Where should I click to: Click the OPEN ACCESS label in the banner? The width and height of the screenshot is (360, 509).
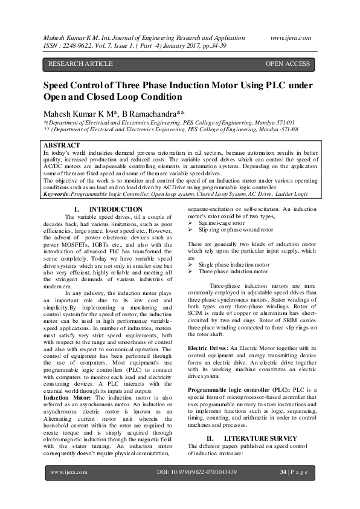pos(288,63)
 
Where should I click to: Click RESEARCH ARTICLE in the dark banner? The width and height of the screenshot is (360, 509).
pos(80,63)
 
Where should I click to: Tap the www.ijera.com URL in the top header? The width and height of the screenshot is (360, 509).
pos(291,37)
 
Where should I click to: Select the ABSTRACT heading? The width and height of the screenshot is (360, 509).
pos(62,146)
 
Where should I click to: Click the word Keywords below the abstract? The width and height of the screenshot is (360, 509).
pos(56,195)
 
